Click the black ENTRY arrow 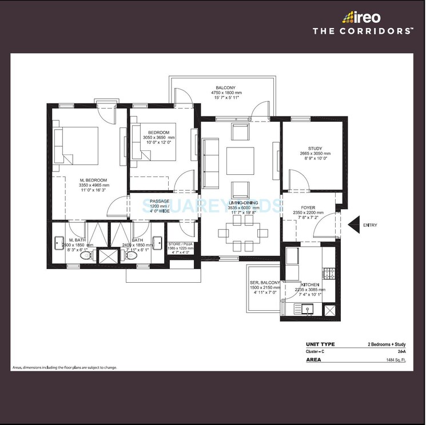click(x=353, y=225)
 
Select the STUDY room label click(x=315, y=149)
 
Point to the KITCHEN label click(x=310, y=284)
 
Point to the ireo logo click(x=361, y=18)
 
